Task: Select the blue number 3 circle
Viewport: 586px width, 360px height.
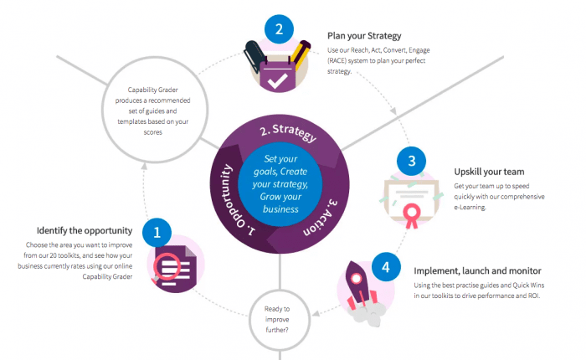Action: coord(410,160)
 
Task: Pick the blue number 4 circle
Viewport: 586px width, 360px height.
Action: coord(384,267)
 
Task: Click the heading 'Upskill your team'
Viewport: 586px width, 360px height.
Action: coord(489,172)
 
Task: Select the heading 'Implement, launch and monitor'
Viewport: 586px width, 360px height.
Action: coord(478,271)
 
